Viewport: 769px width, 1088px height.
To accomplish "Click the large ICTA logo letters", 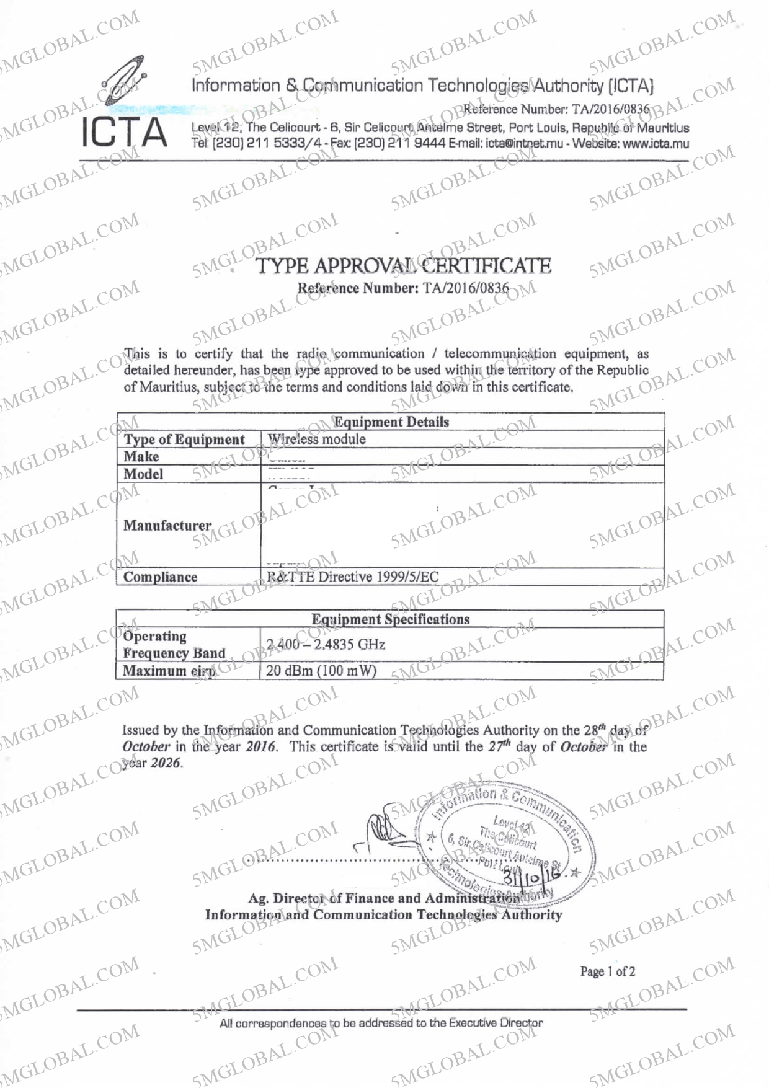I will click(x=124, y=133).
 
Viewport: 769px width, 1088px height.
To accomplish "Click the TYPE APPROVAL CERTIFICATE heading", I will click(x=403, y=266).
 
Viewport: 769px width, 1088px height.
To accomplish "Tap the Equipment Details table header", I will click(x=391, y=422).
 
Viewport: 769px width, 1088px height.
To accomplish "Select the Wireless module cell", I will click(x=316, y=439).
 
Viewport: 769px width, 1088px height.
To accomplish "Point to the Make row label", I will click(x=141, y=457).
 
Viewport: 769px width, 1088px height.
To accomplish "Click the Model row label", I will click(x=143, y=474).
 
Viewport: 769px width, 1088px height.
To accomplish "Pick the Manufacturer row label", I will click(x=167, y=526).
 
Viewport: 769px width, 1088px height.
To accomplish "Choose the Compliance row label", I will click(x=160, y=577).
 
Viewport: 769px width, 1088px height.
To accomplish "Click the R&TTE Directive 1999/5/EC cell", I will click(x=352, y=577).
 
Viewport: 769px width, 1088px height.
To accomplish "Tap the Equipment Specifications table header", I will click(x=390, y=619).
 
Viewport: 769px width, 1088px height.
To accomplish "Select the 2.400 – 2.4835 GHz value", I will click(x=326, y=645).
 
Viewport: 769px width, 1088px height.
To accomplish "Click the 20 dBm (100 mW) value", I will click(x=321, y=671).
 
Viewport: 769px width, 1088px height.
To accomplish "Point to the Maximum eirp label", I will click(x=169, y=671).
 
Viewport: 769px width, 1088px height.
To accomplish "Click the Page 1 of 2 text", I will click(x=607, y=971).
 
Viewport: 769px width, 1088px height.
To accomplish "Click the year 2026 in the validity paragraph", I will click(x=166, y=763).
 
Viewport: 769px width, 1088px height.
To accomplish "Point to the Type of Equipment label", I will click(x=184, y=440).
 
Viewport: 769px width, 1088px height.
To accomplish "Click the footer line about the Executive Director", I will click(x=381, y=1023).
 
